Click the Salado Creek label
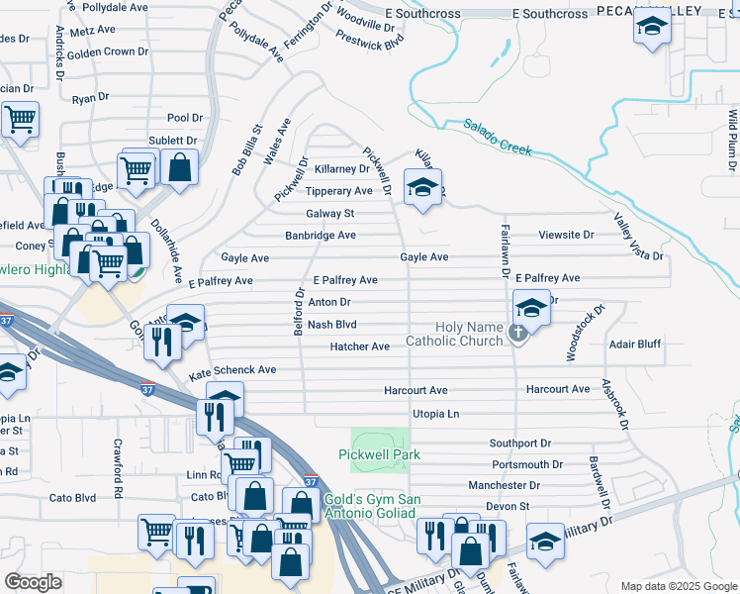[x=498, y=138]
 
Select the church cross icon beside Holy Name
[x=517, y=336]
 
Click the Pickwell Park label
[x=380, y=454]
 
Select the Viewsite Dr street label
[x=566, y=236]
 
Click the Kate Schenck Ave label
[x=232, y=369]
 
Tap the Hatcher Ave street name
[x=359, y=346]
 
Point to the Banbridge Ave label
[x=320, y=236]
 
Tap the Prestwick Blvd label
[x=370, y=42]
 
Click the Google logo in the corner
[x=33, y=581]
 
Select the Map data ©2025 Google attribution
[x=679, y=586]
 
